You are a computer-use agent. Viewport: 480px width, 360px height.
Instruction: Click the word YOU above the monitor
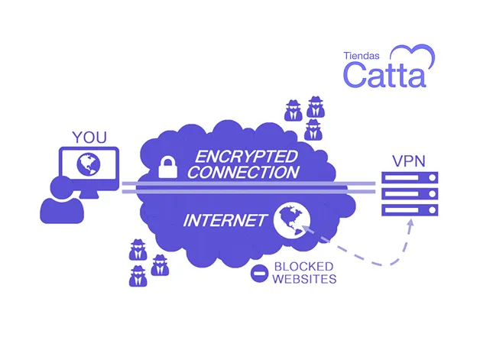(x=89, y=138)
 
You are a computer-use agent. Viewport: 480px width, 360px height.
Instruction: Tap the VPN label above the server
(x=409, y=161)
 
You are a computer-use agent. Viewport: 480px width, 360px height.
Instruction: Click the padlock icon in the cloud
(x=167, y=167)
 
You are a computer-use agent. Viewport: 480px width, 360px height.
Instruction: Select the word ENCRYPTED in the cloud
(x=246, y=157)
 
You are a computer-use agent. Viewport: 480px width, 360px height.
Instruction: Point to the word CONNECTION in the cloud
(x=243, y=172)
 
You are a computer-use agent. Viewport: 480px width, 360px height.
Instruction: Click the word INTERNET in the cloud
(x=225, y=220)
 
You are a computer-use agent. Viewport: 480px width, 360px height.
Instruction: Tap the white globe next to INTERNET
(x=292, y=220)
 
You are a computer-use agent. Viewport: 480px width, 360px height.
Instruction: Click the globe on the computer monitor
(x=89, y=164)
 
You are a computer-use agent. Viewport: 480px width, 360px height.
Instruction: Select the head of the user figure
(x=62, y=188)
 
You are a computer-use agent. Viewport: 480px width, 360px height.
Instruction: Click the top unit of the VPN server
(x=410, y=177)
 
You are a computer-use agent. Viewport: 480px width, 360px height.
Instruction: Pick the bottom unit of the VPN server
(x=410, y=210)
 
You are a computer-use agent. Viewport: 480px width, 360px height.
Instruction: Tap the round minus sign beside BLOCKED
(x=259, y=273)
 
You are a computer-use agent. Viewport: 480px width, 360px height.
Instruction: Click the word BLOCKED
(x=303, y=267)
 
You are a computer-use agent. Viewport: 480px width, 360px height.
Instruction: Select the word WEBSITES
(x=305, y=279)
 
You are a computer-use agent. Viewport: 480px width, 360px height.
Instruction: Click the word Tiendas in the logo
(x=362, y=56)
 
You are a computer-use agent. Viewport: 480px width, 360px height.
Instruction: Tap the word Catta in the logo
(x=384, y=74)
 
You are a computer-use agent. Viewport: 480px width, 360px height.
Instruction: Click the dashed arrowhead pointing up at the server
(x=410, y=222)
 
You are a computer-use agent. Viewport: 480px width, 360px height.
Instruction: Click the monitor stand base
(x=89, y=194)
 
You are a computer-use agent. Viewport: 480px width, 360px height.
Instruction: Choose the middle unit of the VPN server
(x=410, y=194)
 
